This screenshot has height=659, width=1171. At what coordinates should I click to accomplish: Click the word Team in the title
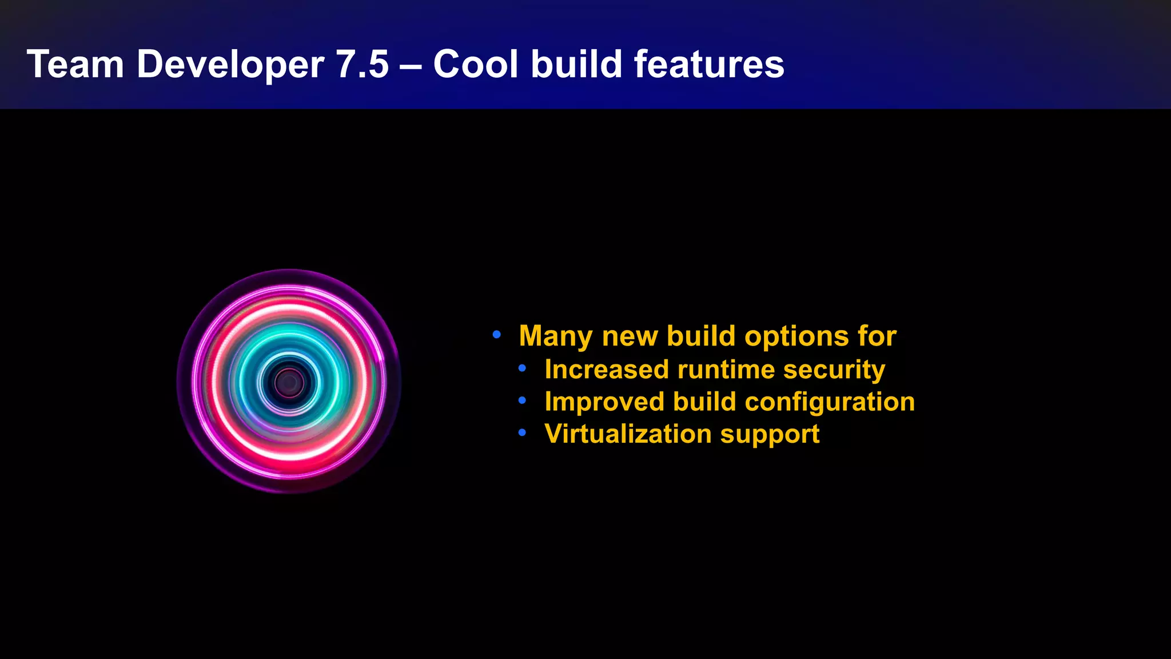[x=75, y=64]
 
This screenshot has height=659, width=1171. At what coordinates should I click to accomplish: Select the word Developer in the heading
[x=230, y=64]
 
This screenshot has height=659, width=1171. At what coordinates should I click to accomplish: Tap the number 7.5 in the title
[x=363, y=64]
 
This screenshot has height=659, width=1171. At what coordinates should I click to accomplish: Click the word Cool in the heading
[x=476, y=64]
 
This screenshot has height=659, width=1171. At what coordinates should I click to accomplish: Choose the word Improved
[x=604, y=402]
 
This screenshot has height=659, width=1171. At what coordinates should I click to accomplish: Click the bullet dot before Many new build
[x=497, y=334]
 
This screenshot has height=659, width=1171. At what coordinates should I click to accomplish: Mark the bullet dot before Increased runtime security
[x=522, y=368]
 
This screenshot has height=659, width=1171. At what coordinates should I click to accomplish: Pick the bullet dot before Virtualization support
[x=522, y=433]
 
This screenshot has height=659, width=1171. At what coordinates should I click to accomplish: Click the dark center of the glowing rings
[x=289, y=382]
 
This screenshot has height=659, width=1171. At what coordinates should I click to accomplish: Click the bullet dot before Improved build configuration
[x=522, y=401]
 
